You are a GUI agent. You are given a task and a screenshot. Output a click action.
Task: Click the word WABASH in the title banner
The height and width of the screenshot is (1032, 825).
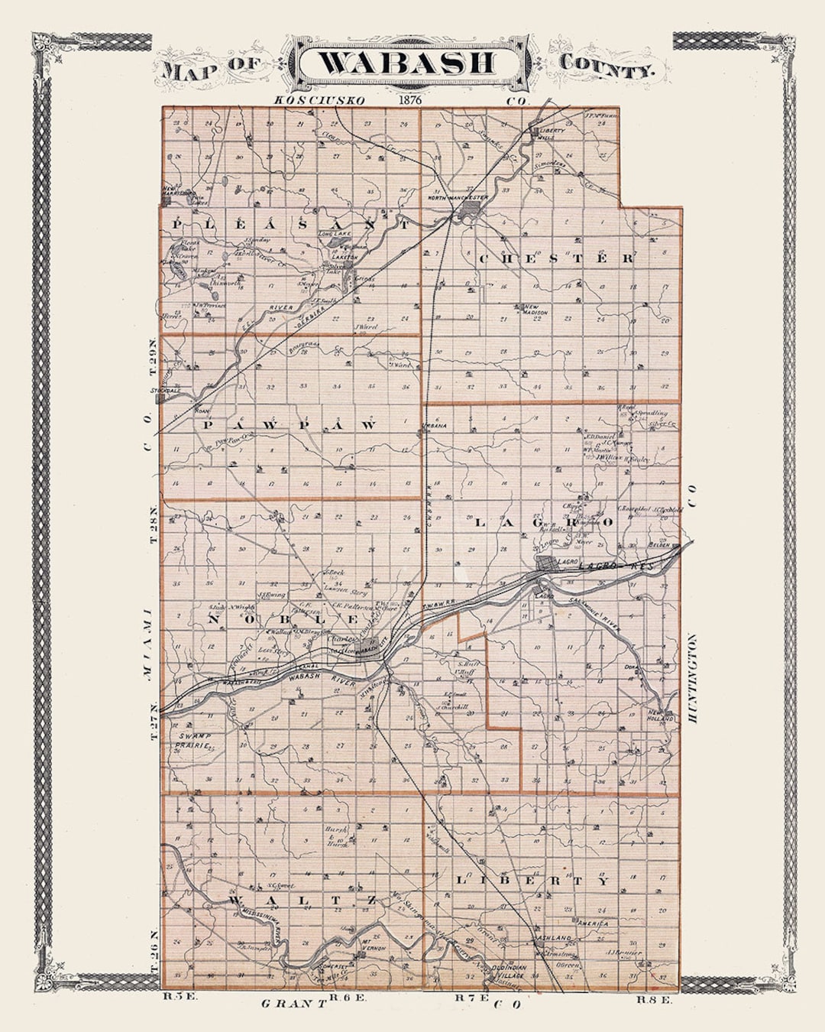[x=405, y=63]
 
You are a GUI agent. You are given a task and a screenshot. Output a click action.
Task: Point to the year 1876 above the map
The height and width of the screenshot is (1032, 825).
[x=410, y=99]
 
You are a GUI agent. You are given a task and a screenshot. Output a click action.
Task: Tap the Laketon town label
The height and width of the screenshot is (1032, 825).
[x=345, y=258]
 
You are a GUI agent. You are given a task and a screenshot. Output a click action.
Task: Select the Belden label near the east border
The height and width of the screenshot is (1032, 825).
[x=658, y=544]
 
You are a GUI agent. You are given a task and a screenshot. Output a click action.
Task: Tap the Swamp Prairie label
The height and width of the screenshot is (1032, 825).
[x=191, y=739]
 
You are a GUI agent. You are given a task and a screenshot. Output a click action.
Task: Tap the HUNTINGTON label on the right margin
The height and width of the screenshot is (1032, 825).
[x=692, y=680]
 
